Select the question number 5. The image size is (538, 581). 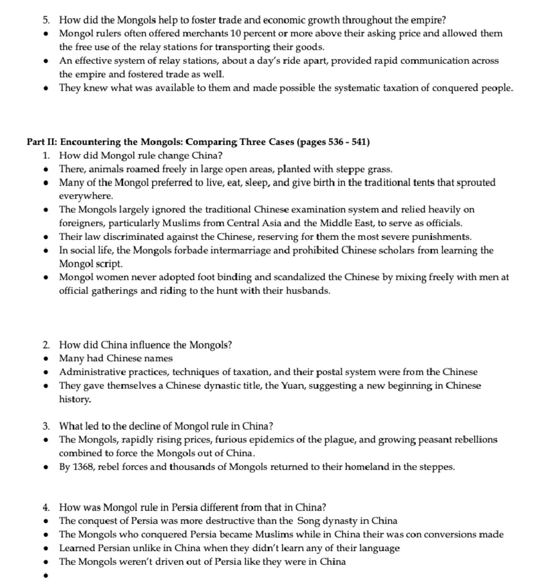pos(46,20)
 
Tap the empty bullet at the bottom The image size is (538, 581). pos(45,575)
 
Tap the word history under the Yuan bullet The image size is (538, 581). pos(74,399)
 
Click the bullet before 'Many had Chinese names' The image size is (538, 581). pos(45,358)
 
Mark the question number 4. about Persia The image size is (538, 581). pos(46,507)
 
